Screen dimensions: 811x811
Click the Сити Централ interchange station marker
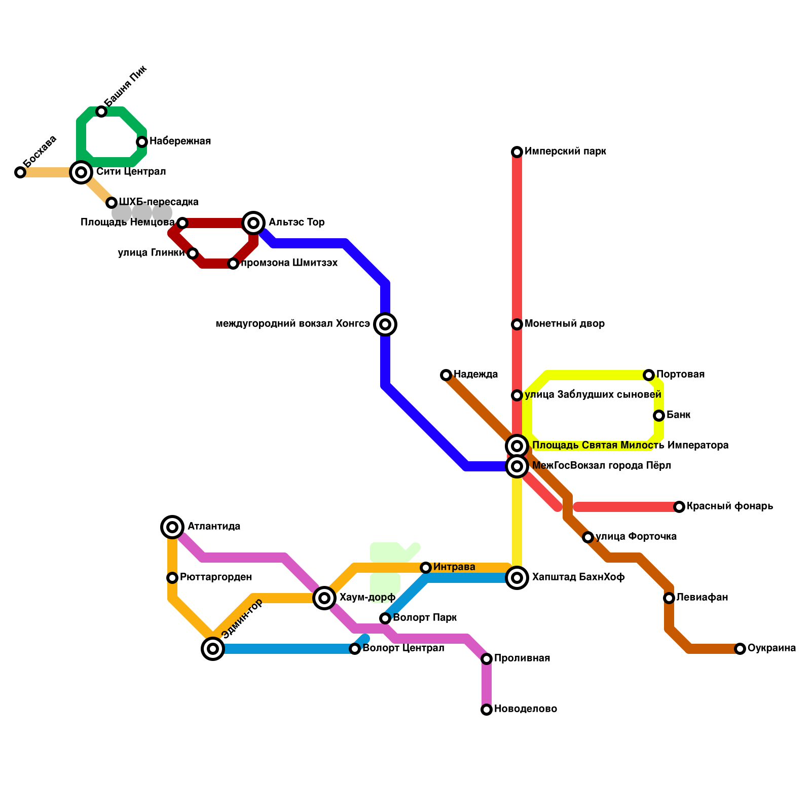81,172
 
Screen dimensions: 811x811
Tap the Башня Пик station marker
101,112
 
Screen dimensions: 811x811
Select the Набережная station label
180,141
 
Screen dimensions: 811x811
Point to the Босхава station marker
20,172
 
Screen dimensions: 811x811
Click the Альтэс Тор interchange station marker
253,223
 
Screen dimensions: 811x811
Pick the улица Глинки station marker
193,253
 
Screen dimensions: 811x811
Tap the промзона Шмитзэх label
289,263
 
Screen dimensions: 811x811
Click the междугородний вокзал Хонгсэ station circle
385,324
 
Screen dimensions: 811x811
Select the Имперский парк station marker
517,152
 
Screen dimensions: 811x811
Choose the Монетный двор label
565,324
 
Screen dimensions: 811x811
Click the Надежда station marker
446,375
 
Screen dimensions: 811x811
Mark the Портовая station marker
649,375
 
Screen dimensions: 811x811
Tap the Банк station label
678,415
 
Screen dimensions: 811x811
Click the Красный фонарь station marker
679,507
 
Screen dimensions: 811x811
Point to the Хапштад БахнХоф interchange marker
517,578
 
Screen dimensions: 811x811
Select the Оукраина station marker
740,649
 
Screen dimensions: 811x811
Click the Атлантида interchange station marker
172,527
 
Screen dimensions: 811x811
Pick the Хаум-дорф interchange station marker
324,598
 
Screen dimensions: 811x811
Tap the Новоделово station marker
487,710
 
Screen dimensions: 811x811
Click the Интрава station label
454,567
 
